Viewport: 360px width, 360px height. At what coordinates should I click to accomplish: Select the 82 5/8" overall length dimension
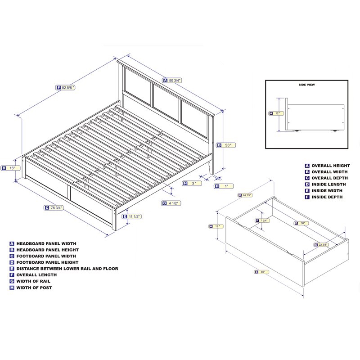66,87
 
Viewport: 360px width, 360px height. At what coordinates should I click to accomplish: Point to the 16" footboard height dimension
11,168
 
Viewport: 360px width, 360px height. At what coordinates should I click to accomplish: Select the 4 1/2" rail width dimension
171,203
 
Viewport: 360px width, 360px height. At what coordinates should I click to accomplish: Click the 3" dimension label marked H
192,183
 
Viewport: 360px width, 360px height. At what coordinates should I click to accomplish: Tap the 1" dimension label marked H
223,186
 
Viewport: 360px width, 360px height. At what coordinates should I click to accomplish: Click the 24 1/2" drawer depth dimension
246,195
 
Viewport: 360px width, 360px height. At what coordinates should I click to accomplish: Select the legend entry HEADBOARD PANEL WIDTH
47,243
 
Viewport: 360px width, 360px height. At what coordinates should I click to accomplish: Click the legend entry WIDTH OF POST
34,288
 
